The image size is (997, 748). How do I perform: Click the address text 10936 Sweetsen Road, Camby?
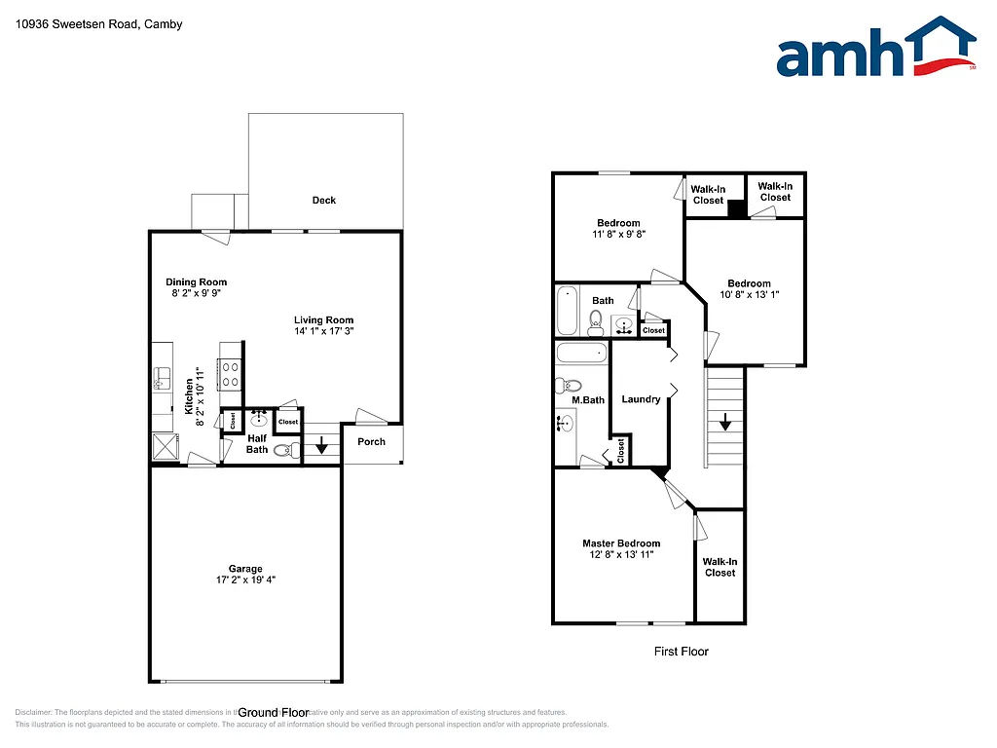[99, 24]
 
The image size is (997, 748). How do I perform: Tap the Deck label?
[323, 200]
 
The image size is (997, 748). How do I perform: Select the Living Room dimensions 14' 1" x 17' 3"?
[324, 332]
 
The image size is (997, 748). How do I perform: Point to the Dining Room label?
[196, 282]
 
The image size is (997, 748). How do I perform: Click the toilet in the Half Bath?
[284, 451]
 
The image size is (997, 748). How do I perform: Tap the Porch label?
[371, 441]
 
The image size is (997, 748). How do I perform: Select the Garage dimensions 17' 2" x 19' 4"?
[245, 580]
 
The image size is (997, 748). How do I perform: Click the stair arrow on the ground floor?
[322, 449]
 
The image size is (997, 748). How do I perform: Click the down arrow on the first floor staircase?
[725, 422]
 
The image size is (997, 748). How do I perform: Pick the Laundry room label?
[641, 399]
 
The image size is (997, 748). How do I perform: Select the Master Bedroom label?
[621, 543]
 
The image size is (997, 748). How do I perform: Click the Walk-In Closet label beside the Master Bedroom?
[720, 567]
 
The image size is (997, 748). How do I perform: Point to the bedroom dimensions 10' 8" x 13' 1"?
[749, 295]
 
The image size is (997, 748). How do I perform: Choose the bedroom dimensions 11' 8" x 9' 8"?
[618, 235]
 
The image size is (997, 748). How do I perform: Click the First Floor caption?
[681, 652]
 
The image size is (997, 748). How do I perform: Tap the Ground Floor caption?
[273, 713]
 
